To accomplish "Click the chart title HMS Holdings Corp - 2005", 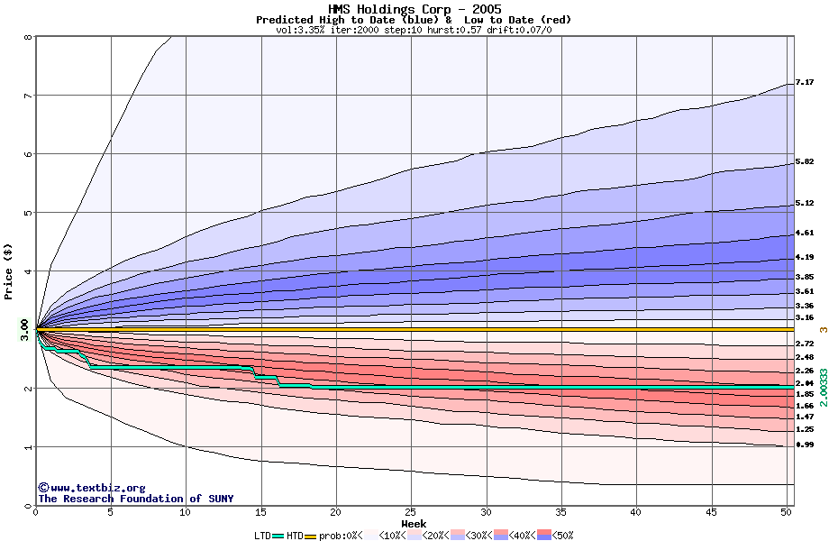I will [x=414, y=9].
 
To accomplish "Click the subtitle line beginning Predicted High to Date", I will [x=414, y=20].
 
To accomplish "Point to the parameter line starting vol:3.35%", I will [x=414, y=30].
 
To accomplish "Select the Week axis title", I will [x=414, y=524].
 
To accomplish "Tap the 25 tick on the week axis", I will [x=411, y=512].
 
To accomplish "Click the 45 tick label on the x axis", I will [x=711, y=512].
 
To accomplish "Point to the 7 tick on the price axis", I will [x=28, y=96].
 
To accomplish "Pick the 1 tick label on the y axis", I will [x=28, y=447].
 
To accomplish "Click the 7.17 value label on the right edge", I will [x=805, y=83].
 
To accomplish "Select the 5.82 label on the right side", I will [x=805, y=162].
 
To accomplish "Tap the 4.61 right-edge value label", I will [x=805, y=233].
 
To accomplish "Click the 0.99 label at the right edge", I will [x=805, y=445].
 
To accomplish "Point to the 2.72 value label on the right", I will [x=805, y=344].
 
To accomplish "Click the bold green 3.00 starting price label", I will [x=24, y=330].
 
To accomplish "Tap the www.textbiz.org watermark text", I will [x=91, y=488].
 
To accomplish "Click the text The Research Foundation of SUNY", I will [x=135, y=499].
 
